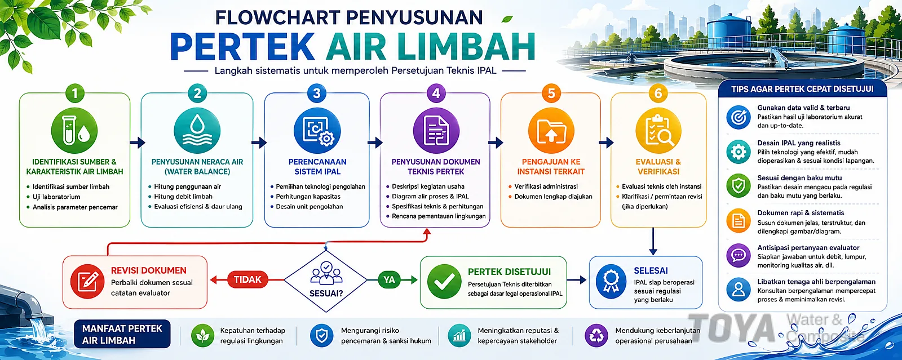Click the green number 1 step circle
click(74, 93)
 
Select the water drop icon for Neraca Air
click(197, 130)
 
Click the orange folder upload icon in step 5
click(551, 130)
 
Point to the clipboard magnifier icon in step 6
click(658, 130)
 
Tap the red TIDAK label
click(247, 279)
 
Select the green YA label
click(389, 279)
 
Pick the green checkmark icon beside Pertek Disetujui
click(444, 281)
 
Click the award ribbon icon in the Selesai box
click(611, 281)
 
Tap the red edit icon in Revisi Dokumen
click(87, 281)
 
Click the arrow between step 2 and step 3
click(259, 143)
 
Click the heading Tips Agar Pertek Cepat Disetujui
click(802, 89)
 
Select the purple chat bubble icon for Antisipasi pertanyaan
click(738, 256)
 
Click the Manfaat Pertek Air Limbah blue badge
click(122, 334)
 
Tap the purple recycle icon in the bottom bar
click(596, 335)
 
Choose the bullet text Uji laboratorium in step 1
click(56, 197)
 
